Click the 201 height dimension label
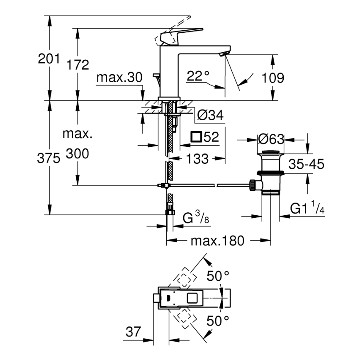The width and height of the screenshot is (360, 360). (x=49, y=58)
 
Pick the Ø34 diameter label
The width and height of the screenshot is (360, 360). (x=210, y=116)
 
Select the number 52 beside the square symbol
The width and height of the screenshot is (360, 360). (x=212, y=137)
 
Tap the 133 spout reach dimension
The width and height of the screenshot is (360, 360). (x=197, y=159)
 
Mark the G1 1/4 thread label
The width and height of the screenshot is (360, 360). (x=307, y=209)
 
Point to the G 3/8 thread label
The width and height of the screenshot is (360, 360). (x=195, y=217)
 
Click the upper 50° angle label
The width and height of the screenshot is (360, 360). (x=219, y=275)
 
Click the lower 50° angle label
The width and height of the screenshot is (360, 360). (x=219, y=320)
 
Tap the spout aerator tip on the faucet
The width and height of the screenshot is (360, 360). (x=223, y=54)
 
